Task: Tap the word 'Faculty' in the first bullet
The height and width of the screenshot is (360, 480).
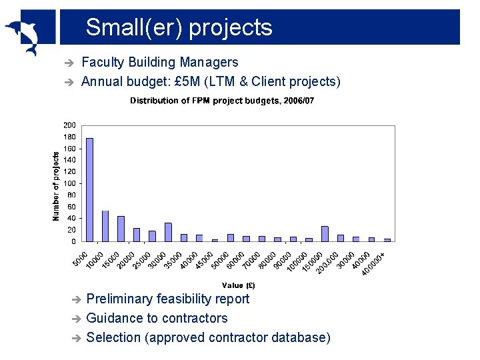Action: (x=103, y=63)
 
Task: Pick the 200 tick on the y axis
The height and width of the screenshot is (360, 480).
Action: (x=69, y=125)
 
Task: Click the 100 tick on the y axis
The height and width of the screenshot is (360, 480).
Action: (x=69, y=183)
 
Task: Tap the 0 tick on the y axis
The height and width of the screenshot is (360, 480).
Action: (x=73, y=241)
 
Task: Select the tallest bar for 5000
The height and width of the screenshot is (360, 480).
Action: (x=90, y=189)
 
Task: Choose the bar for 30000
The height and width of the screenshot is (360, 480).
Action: (x=168, y=232)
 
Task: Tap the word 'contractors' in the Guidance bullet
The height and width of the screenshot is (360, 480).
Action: (x=193, y=319)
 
